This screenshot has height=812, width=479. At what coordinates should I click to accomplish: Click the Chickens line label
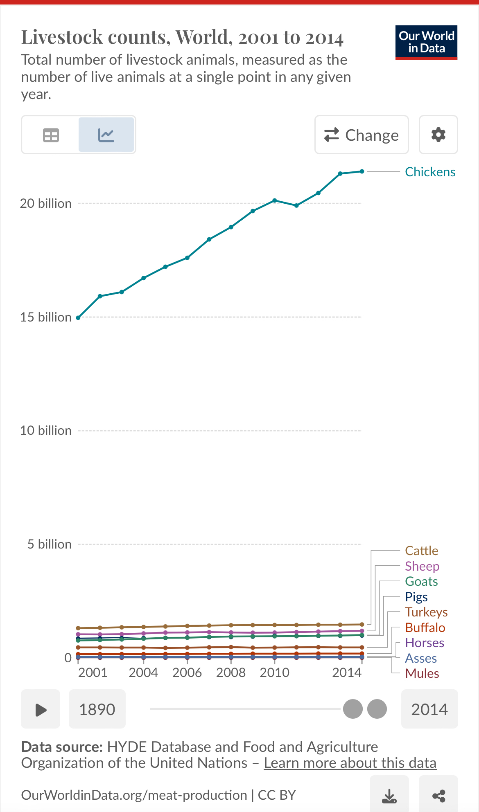(x=430, y=172)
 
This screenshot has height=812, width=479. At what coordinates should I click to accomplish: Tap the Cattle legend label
(x=421, y=551)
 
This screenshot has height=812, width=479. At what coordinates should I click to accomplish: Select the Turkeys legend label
(x=426, y=612)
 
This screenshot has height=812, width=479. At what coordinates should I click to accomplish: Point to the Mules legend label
(x=422, y=673)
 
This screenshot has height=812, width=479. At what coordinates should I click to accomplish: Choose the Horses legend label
(x=424, y=643)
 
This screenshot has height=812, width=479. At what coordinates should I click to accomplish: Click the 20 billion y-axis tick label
(x=46, y=203)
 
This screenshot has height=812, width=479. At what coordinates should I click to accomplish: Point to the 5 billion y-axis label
(x=49, y=544)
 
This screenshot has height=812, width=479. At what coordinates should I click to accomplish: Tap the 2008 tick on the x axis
(x=231, y=673)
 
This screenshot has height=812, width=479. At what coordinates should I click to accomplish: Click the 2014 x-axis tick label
(x=347, y=673)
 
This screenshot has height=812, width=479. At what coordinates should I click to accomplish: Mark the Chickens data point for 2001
(x=78, y=318)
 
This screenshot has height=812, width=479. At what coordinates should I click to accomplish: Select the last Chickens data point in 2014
(x=362, y=171)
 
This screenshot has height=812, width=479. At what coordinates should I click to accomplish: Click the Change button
(x=362, y=135)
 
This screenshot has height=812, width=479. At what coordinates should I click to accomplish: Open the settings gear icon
(x=438, y=135)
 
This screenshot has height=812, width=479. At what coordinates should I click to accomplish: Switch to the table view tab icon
(x=51, y=135)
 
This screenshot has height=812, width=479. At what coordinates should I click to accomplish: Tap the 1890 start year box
(x=97, y=709)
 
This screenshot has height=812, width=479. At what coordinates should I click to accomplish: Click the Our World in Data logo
(x=426, y=42)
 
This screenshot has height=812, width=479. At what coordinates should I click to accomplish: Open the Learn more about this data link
(x=350, y=763)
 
